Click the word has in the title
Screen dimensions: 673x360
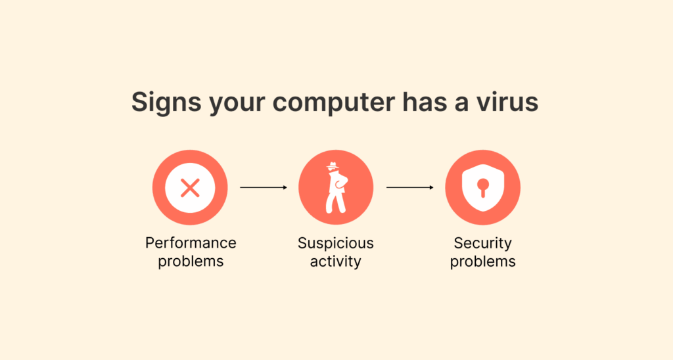click(425, 102)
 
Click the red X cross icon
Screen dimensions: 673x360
click(190, 187)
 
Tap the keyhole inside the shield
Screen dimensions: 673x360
click(483, 187)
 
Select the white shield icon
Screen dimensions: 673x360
click(483, 187)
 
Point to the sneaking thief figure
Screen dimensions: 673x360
click(336, 187)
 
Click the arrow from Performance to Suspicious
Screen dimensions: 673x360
click(264, 187)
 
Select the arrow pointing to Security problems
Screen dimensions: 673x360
click(410, 187)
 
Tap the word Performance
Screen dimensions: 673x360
click(191, 243)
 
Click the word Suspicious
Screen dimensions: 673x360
click(336, 244)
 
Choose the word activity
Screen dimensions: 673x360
click(336, 261)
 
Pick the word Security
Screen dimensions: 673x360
click(483, 244)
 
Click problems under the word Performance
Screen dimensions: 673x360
click(191, 261)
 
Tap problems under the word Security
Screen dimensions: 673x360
click(483, 261)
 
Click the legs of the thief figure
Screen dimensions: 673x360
click(336, 202)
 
